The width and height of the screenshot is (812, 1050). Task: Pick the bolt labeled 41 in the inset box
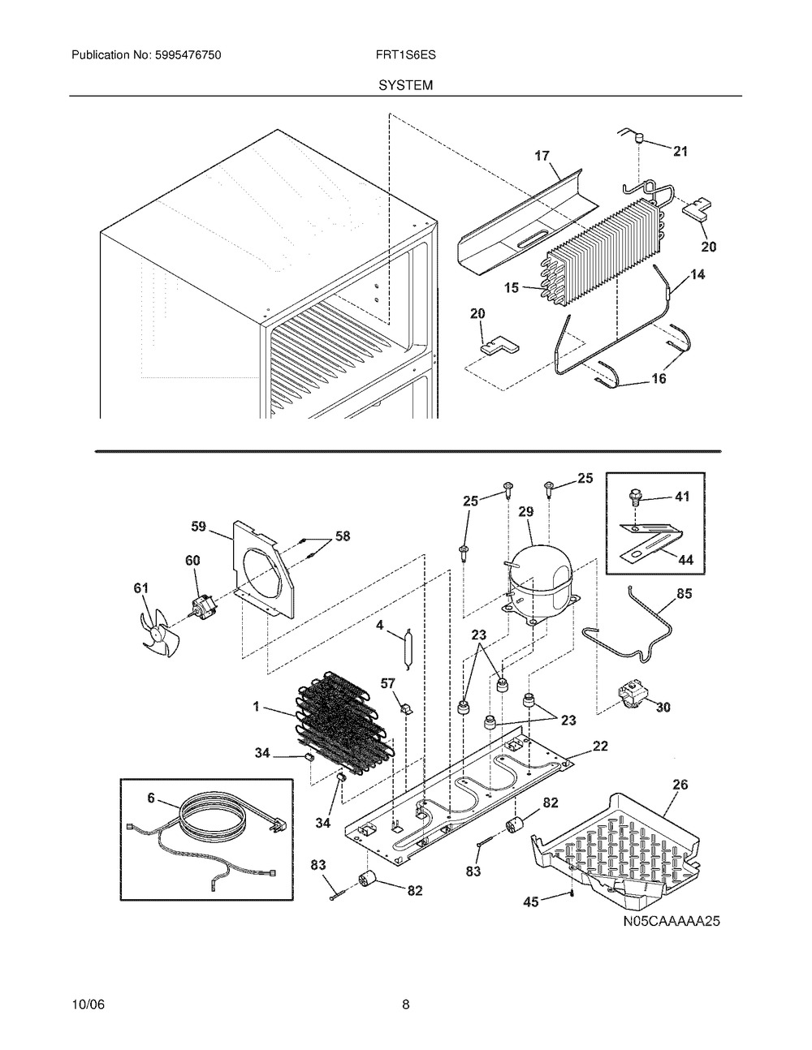[x=635, y=498]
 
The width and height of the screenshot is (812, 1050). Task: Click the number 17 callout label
[x=542, y=156]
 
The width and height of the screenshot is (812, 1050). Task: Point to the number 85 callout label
[x=684, y=593]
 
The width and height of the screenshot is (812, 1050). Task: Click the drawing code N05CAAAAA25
[x=672, y=921]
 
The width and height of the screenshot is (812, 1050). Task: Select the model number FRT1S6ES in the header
[x=406, y=55]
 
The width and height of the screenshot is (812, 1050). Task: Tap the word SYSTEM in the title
[x=406, y=85]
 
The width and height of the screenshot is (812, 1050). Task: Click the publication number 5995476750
[x=188, y=55]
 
